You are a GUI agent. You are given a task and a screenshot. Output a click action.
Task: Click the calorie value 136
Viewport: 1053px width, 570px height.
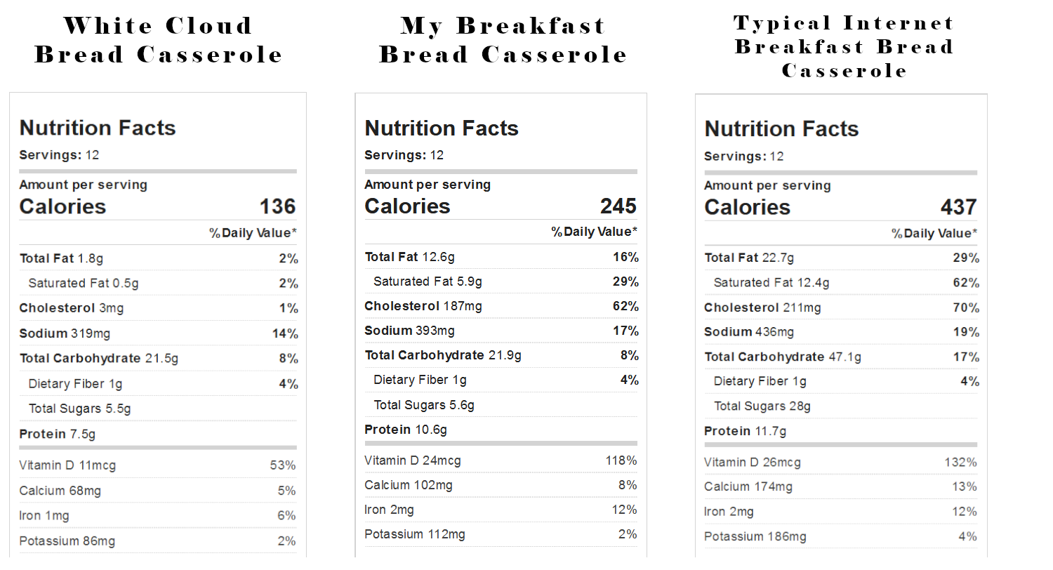278,207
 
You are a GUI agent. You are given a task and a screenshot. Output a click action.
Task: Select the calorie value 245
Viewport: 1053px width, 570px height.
618,206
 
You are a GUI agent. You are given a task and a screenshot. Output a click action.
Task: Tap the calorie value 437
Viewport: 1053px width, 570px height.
958,207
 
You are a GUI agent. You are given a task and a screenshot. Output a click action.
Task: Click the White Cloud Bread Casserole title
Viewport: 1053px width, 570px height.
159,40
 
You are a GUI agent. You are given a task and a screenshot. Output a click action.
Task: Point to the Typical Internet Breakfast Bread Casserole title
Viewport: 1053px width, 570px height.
845,46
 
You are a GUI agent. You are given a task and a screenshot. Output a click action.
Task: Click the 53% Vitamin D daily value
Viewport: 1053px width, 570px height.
282,465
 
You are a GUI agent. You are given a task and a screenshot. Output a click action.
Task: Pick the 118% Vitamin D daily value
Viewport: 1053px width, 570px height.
621,460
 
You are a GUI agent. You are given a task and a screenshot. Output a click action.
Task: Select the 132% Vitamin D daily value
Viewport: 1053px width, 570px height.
961,463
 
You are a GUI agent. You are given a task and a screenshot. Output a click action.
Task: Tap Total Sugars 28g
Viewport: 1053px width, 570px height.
762,406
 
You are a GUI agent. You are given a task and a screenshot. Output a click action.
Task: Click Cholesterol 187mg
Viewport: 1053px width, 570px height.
423,306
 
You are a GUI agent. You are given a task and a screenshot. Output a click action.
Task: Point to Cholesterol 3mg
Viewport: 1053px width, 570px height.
72,308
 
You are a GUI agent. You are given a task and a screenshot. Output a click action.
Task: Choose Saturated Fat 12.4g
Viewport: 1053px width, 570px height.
771,283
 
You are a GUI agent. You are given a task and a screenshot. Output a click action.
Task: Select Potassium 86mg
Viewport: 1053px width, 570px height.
67,541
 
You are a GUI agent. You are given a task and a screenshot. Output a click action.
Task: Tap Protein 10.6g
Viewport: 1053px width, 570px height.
406,430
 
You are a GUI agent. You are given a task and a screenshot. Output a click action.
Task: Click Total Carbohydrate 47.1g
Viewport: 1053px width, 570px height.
783,357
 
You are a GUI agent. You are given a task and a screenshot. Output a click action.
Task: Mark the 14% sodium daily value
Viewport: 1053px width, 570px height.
285,333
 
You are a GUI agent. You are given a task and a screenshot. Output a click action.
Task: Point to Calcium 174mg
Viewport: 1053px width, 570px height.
748,487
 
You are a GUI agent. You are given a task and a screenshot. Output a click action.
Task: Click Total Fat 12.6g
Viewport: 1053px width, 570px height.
410,257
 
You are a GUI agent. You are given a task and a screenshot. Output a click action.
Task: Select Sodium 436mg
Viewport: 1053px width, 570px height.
749,332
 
